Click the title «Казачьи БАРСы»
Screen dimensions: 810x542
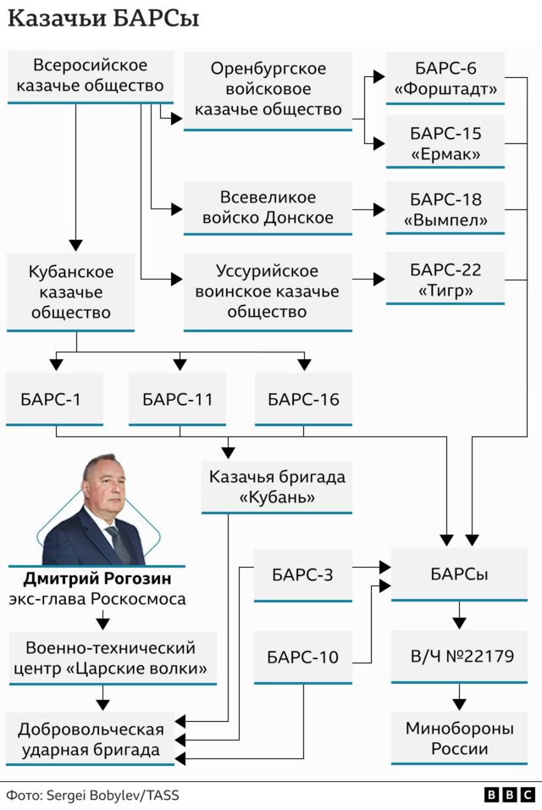[103, 19]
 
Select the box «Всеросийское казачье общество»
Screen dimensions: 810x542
[91, 76]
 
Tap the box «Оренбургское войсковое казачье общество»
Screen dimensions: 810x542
[268, 89]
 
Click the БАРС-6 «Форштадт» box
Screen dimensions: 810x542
[445, 79]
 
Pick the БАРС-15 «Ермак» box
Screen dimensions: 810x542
[445, 143]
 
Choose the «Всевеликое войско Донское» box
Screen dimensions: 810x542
[268, 208]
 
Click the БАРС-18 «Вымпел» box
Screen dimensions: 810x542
[445, 209]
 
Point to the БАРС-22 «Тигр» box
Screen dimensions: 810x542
[445, 280]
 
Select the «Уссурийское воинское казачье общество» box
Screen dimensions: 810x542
[268, 291]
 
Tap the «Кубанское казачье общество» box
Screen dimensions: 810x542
[71, 292]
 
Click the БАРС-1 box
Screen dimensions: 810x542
[54, 399]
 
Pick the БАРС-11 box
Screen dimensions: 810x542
[178, 399]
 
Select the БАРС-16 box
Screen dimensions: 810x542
[303, 399]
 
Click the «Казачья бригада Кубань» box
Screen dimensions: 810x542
[277, 487]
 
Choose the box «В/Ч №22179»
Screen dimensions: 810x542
[458, 656]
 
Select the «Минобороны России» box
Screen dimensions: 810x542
[458, 737]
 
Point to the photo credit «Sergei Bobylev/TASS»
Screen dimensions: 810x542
[112, 795]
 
